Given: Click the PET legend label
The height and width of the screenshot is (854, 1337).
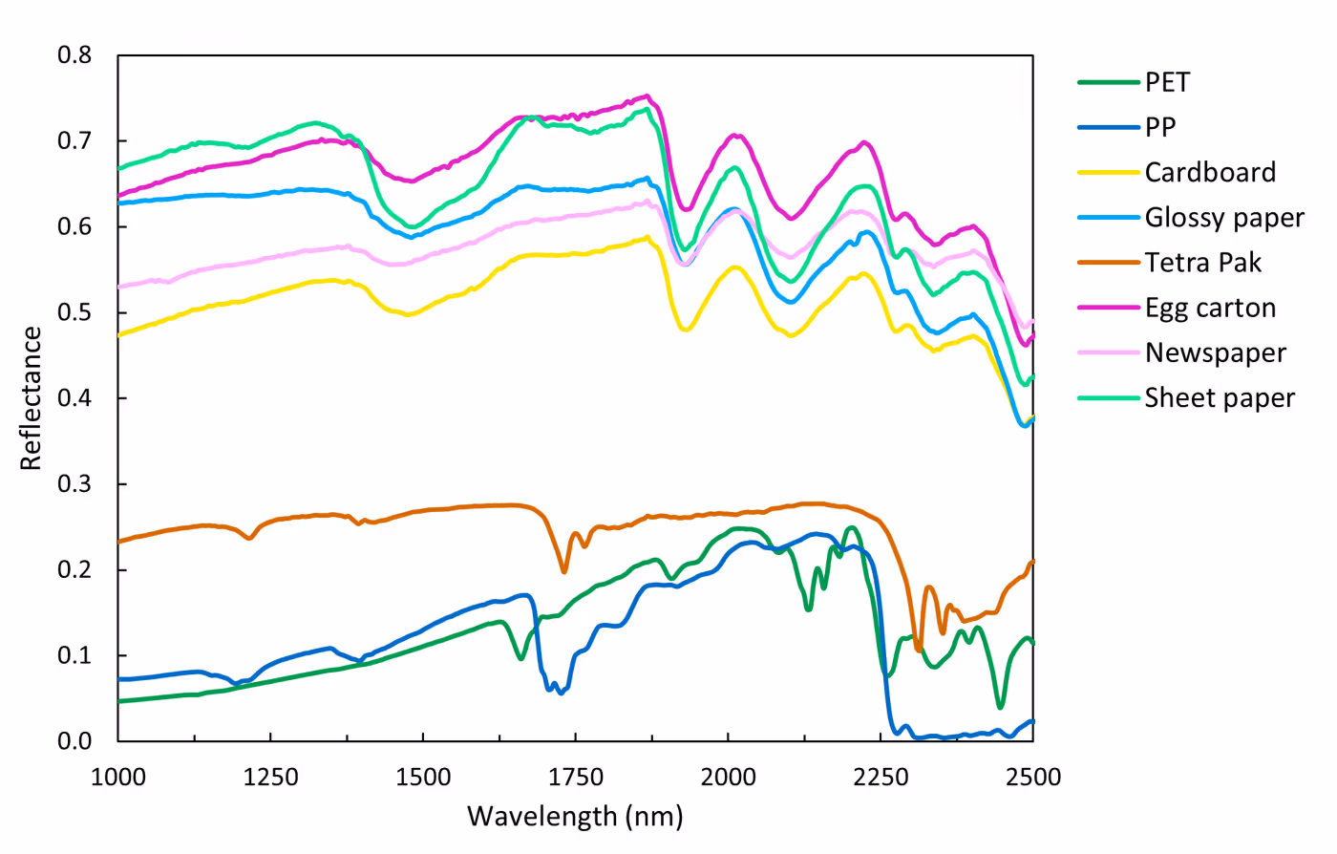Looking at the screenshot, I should point(1167,82).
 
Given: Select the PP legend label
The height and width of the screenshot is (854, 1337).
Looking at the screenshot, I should point(1160,127).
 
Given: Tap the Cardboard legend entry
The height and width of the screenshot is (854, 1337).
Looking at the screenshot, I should point(1210,172).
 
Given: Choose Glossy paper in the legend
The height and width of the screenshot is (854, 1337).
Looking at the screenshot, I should point(1224,218).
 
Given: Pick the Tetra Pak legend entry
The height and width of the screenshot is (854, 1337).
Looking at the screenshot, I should point(1203,263).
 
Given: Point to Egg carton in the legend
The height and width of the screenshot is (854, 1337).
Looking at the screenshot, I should point(1210,308).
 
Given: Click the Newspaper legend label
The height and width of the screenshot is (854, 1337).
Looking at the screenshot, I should point(1216,352).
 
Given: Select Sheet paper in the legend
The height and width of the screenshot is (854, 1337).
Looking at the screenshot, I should point(1220,397).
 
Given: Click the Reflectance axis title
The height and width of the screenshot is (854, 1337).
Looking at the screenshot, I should point(32,398).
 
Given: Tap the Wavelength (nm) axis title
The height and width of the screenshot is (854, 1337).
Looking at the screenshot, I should point(575,817).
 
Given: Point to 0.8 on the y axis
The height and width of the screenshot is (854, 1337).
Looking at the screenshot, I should point(74,54).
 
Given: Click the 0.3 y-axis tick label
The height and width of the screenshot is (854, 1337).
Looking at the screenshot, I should point(74,483).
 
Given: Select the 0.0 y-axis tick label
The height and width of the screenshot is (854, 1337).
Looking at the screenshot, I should point(74,740).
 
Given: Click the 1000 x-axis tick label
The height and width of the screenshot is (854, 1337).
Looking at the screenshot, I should point(118,777).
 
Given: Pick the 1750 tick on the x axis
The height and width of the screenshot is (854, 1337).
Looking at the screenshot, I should point(576,777).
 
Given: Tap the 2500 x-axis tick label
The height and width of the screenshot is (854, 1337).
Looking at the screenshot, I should point(1033,777).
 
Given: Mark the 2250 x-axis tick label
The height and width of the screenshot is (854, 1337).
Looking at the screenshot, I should point(881,777).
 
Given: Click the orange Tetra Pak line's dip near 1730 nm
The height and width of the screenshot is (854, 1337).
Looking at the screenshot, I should point(564,571).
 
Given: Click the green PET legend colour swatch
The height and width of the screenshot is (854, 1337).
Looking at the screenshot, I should point(1109,82).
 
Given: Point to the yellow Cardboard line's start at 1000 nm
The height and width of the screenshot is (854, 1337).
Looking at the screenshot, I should point(119,335).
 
